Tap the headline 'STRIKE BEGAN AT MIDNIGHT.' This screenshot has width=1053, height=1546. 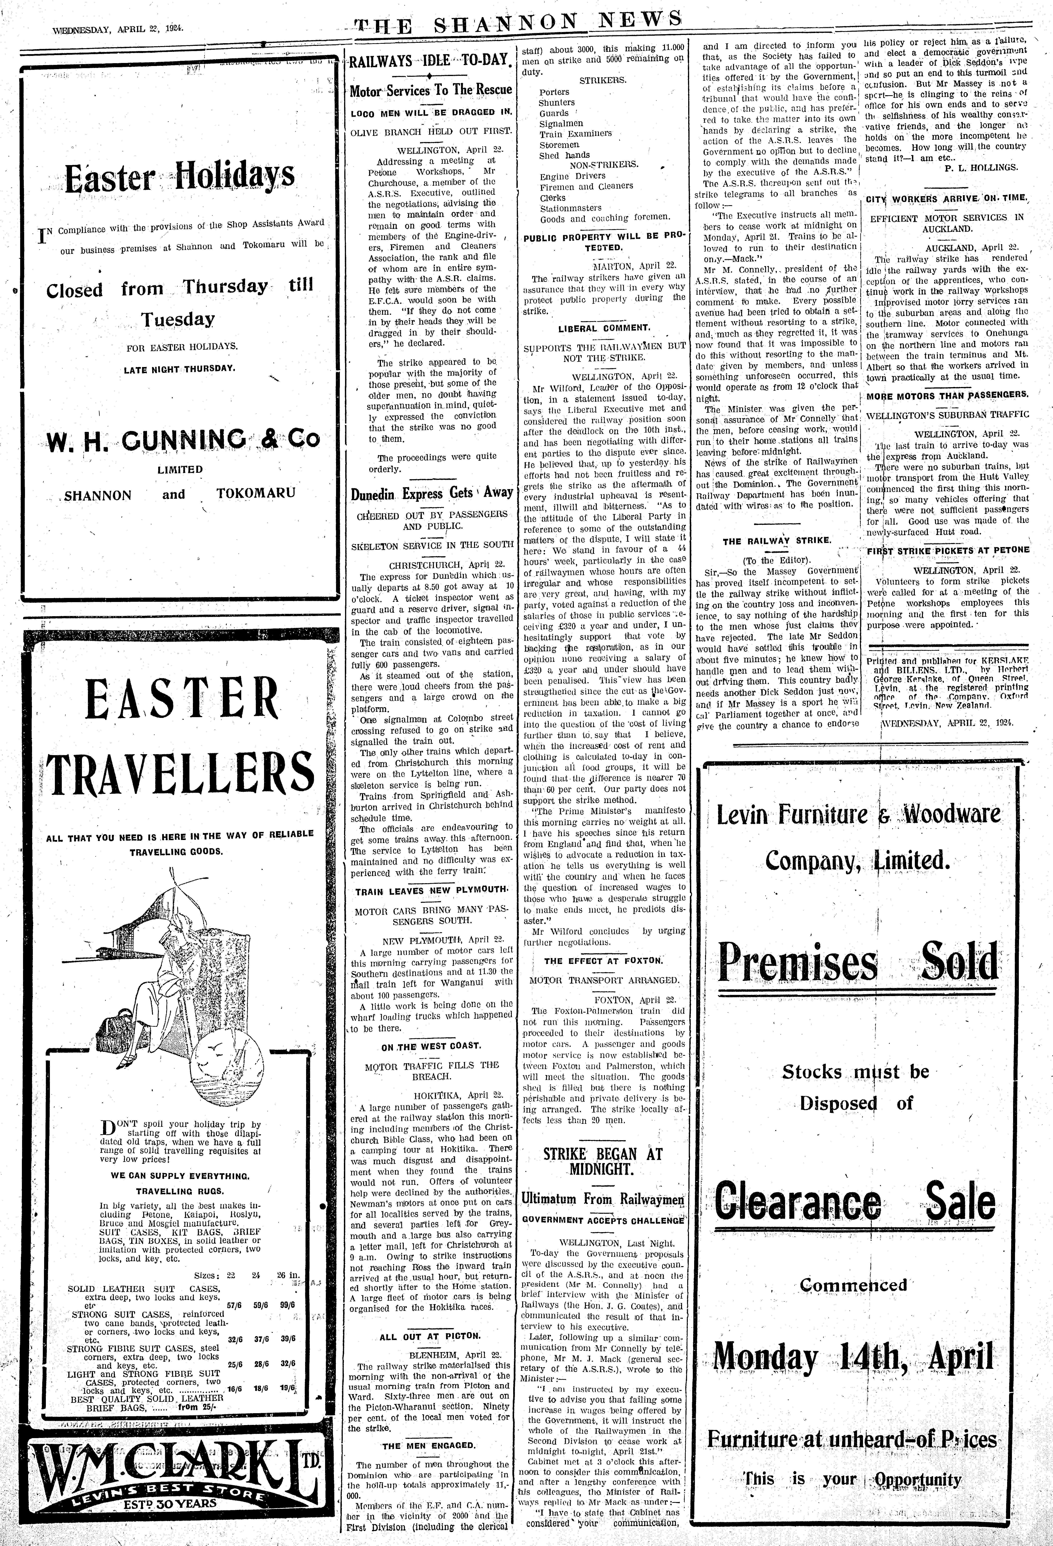point(603,1161)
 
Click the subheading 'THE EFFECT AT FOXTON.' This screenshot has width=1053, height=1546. point(603,961)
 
